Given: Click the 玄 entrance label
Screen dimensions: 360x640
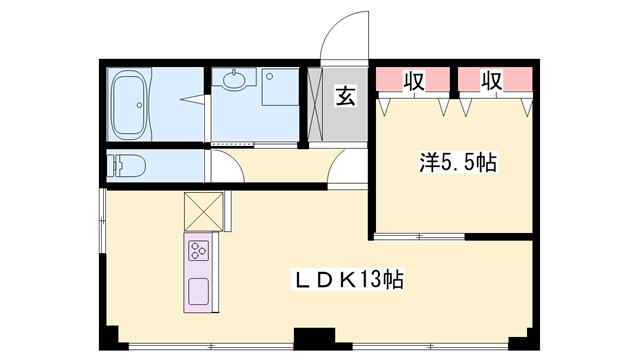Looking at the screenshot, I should click(x=345, y=97).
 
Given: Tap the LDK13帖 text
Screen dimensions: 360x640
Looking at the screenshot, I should click(x=348, y=280).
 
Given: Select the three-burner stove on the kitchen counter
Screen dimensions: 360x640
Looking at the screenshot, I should click(x=198, y=249).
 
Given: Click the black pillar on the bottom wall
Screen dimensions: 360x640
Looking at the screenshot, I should click(x=320, y=340).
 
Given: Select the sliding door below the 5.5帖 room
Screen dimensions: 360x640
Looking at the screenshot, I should click(x=420, y=237).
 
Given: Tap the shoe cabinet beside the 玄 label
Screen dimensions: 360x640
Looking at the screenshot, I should click(x=316, y=105).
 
